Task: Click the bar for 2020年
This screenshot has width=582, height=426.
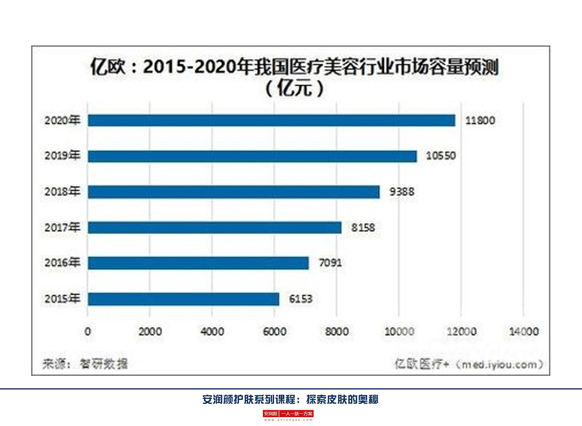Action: pyautogui.click(x=271, y=120)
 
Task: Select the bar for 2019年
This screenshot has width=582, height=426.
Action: pyautogui.click(x=252, y=156)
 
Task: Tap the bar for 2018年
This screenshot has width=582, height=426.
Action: pyautogui.click(x=234, y=192)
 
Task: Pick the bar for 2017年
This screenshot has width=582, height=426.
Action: pyautogui.click(x=214, y=228)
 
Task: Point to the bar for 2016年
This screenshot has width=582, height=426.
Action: pyautogui.click(x=198, y=263)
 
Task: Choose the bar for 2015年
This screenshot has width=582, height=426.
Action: pyautogui.click(x=184, y=299)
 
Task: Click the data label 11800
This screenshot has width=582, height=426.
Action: pyautogui.click(x=479, y=120)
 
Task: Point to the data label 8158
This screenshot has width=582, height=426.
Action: pyautogui.click(x=363, y=228)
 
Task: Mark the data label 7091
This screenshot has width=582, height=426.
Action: pyautogui.click(x=330, y=263)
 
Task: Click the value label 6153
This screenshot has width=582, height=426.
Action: pyautogui.click(x=301, y=299)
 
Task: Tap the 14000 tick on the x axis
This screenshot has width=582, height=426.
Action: pyautogui.click(x=523, y=332)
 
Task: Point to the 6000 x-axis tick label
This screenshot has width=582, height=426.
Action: pyautogui.click(x=274, y=332)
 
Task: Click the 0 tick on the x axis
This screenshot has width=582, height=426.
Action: pyautogui.click(x=88, y=332)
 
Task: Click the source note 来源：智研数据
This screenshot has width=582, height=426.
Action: pyautogui.click(x=85, y=364)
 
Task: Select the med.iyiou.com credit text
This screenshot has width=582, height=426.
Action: pyautogui.click(x=468, y=364)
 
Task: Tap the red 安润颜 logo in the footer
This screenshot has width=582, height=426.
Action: pyautogui.click(x=271, y=414)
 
